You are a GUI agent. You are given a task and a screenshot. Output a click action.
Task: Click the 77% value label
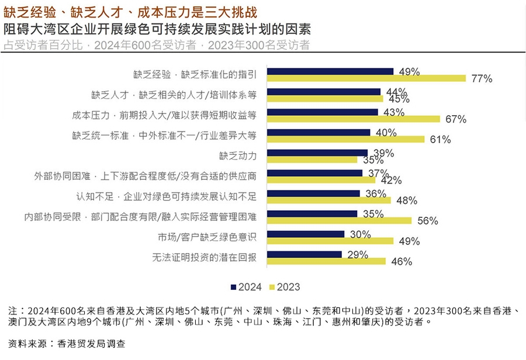click(482, 79)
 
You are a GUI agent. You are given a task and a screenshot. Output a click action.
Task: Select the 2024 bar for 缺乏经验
click(330, 71)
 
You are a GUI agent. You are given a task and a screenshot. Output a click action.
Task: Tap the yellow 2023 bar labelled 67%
click(354, 119)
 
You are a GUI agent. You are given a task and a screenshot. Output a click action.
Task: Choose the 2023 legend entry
click(285, 287)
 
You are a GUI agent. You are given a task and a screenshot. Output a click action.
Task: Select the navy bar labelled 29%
click(304, 254)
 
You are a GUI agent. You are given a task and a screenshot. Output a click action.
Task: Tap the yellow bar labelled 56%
click(340, 221)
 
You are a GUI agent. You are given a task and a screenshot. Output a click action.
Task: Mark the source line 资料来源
click(67, 344)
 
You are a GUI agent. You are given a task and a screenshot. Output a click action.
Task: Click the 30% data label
click(361, 234)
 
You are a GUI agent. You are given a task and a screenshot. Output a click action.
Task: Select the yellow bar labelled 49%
click(330, 241)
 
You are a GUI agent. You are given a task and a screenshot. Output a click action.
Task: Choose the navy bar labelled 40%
click(319, 133)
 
